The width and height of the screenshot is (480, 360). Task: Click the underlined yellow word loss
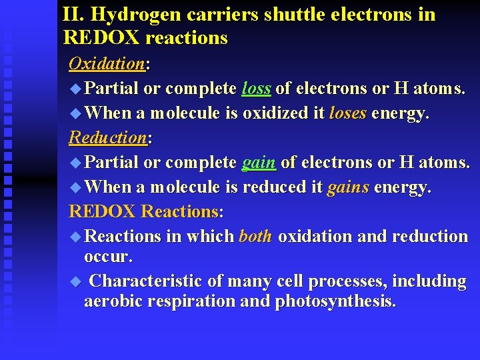256,88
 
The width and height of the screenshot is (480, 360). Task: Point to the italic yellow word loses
347,113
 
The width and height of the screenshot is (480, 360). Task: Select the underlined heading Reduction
108,138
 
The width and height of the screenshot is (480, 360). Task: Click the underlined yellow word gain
259,162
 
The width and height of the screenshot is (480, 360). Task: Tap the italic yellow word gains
348,187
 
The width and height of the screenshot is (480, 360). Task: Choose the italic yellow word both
255,236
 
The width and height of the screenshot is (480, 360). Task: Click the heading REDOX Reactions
145,211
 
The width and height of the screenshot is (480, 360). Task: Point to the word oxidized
276,113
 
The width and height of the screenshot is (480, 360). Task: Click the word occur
108,255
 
